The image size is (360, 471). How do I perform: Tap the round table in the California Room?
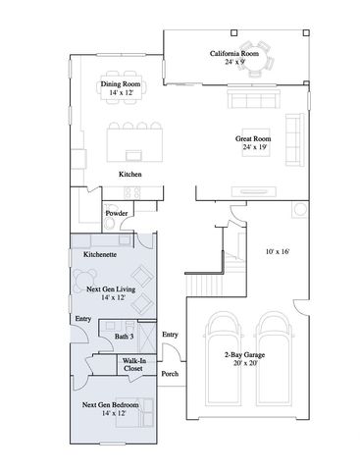click(x=260, y=51)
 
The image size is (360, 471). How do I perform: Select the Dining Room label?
click(x=121, y=84)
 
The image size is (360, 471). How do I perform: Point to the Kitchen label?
click(x=131, y=174)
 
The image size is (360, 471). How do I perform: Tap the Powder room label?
click(x=115, y=212)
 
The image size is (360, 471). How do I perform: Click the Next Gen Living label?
click(x=110, y=290)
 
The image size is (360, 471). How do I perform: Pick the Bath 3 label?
click(x=123, y=337)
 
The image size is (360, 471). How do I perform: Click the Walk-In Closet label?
click(x=134, y=365)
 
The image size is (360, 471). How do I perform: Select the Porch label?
click(x=170, y=374)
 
